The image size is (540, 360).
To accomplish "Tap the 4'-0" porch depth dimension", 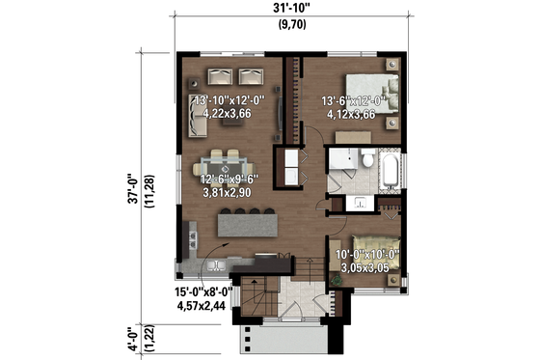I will point(135,339).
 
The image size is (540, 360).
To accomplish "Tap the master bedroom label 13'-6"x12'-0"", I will point(353,106).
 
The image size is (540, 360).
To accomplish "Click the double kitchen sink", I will point(214,264).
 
